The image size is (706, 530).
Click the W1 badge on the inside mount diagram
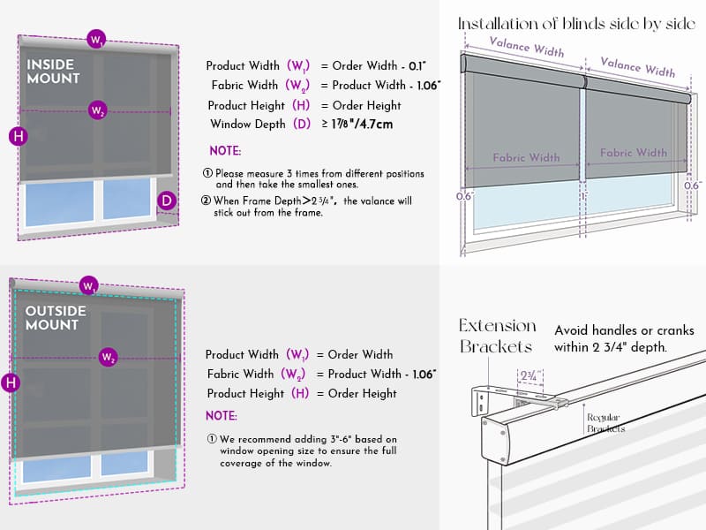(96, 39)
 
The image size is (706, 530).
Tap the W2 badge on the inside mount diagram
(98, 110)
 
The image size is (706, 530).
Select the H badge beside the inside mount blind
(19, 136)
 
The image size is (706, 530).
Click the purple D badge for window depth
(167, 201)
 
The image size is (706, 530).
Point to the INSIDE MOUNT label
(53, 72)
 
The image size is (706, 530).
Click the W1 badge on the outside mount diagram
(89, 285)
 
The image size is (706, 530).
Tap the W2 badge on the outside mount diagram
(108, 358)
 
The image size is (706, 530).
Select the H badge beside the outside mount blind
(11, 383)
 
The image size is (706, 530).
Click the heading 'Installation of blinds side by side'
(577, 24)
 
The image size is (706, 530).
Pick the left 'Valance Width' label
(526, 47)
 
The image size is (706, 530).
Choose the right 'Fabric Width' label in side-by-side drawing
(634, 153)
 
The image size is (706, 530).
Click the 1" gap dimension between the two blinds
(584, 196)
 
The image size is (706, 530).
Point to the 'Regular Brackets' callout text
(605, 423)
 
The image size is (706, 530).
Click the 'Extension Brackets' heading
(497, 336)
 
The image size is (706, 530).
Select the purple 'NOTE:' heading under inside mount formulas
(225, 150)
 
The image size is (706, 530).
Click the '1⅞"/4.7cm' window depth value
(362, 124)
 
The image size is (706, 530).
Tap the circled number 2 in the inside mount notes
(206, 201)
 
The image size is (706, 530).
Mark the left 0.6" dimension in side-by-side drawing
(465, 196)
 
